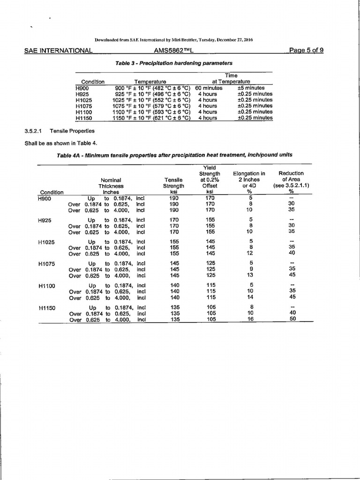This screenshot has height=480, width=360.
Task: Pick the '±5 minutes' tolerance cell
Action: click(251, 88)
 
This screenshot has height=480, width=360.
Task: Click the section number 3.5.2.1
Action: click(36, 131)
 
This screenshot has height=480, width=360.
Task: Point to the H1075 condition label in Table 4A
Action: click(47, 263)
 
